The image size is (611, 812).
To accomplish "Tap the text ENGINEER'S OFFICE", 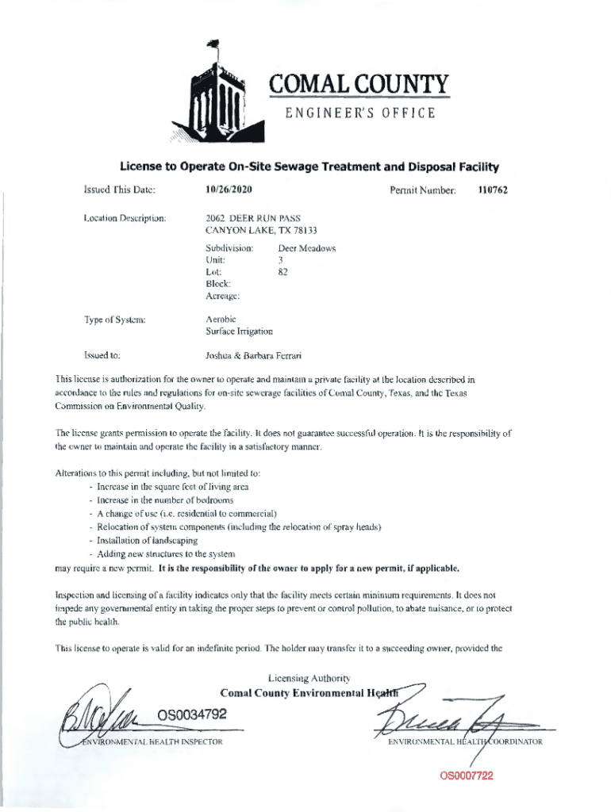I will (x=360, y=113).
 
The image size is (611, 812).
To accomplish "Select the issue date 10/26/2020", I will (x=229, y=190).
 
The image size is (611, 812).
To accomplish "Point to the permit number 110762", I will (x=492, y=190).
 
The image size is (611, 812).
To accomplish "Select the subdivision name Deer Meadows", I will (x=306, y=248).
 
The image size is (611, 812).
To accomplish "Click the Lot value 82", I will (x=282, y=271).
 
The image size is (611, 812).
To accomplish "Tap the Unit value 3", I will (x=280, y=259).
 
